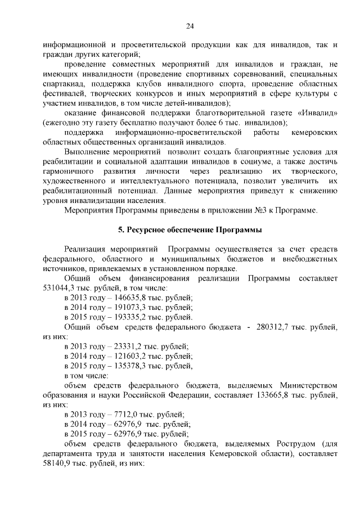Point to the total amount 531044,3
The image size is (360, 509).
[x=58, y=287]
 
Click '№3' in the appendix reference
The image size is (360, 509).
[x=256, y=210]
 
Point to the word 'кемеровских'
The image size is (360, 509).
[x=316, y=133]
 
